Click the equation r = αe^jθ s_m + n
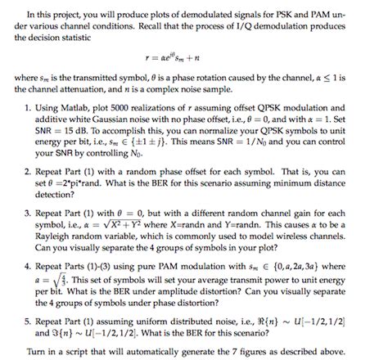coord(194,60)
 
